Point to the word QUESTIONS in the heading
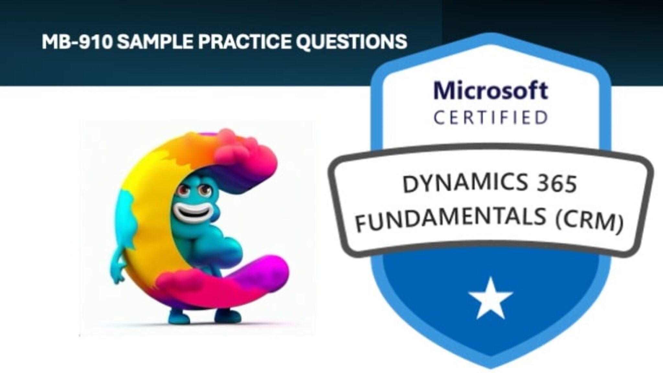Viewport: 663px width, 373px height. point(352,41)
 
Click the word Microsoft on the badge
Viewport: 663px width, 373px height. point(490,91)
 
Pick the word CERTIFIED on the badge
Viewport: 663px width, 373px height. point(490,118)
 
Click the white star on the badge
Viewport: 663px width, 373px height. point(490,298)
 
